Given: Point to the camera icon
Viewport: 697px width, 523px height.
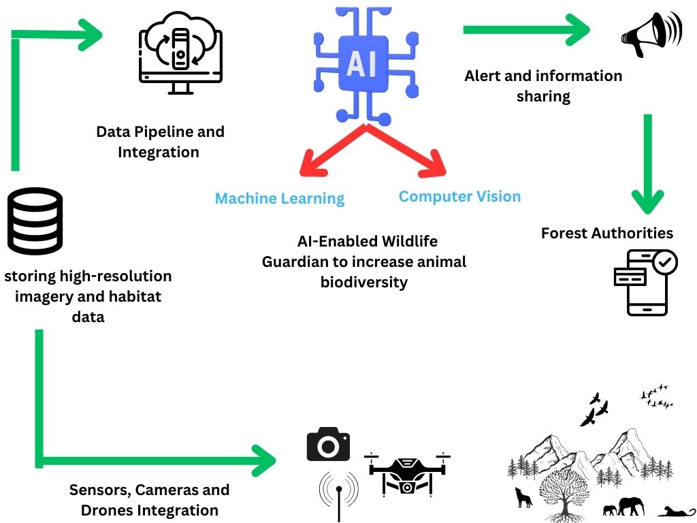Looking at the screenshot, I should point(328,444).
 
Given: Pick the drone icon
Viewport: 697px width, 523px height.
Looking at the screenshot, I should point(407,472).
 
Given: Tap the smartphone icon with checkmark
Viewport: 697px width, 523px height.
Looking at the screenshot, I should point(646,281).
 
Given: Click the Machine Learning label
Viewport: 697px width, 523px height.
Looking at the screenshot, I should point(280,198).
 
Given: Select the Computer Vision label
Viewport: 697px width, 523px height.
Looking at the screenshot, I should point(459,196).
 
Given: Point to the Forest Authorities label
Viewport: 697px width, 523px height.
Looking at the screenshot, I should point(606,233).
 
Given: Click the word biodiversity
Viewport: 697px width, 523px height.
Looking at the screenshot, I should point(363,282).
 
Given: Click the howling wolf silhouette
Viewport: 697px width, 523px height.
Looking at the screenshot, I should point(523,496).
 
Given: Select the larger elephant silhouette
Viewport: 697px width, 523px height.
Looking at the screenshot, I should point(631,505).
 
